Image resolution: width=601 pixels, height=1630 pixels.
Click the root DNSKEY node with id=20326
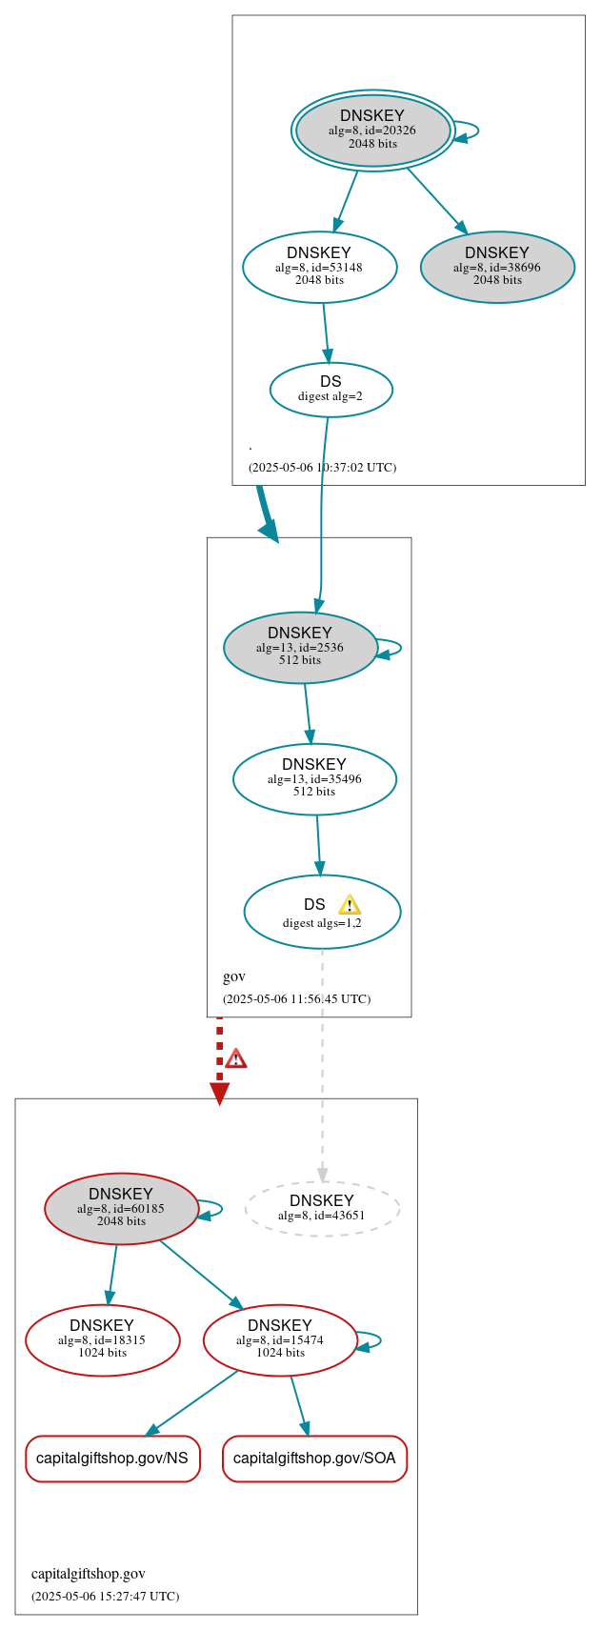372,131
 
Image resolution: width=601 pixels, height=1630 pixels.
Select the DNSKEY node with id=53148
319,267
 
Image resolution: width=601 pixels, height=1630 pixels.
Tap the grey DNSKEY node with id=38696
497,267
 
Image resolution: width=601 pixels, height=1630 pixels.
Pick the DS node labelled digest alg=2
331,389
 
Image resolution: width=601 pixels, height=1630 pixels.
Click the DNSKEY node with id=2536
300,647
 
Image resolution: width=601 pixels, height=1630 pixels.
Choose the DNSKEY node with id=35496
314,778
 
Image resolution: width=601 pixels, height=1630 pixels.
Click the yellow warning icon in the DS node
350,905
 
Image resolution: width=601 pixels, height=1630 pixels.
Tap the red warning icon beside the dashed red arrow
236,1058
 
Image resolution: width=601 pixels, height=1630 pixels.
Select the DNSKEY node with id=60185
121,1208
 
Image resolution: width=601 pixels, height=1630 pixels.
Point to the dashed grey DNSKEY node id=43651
322,1208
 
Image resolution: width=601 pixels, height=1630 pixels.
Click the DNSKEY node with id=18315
102,1339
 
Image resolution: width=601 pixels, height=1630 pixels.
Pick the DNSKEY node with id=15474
280,1339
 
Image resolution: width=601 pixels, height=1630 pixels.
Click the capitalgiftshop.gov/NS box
112,1459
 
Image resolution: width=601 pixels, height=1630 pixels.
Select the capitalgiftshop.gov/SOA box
314,1459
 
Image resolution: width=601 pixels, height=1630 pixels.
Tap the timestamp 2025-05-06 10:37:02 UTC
322,468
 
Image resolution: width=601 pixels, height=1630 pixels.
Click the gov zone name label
234,976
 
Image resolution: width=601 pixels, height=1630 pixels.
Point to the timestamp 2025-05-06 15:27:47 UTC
105,1596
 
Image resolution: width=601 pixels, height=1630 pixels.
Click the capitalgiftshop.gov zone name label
89,1574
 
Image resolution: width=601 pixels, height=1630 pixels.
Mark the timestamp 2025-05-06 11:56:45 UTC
296,999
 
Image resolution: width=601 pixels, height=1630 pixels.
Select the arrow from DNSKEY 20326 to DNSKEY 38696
436,200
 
